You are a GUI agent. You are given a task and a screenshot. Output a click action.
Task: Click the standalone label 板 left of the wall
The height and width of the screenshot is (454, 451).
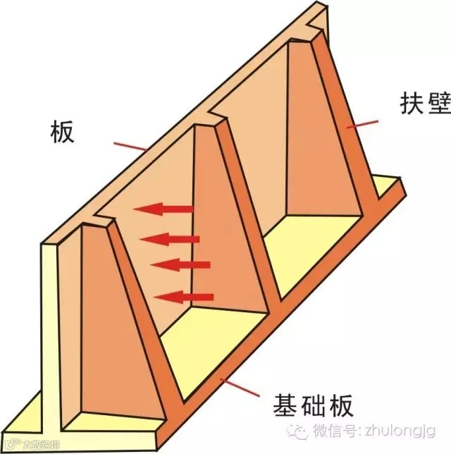point(62,131)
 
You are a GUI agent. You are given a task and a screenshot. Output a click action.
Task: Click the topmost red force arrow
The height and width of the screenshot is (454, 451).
point(165,209)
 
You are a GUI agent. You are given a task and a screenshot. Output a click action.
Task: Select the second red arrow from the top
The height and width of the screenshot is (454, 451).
point(170,239)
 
